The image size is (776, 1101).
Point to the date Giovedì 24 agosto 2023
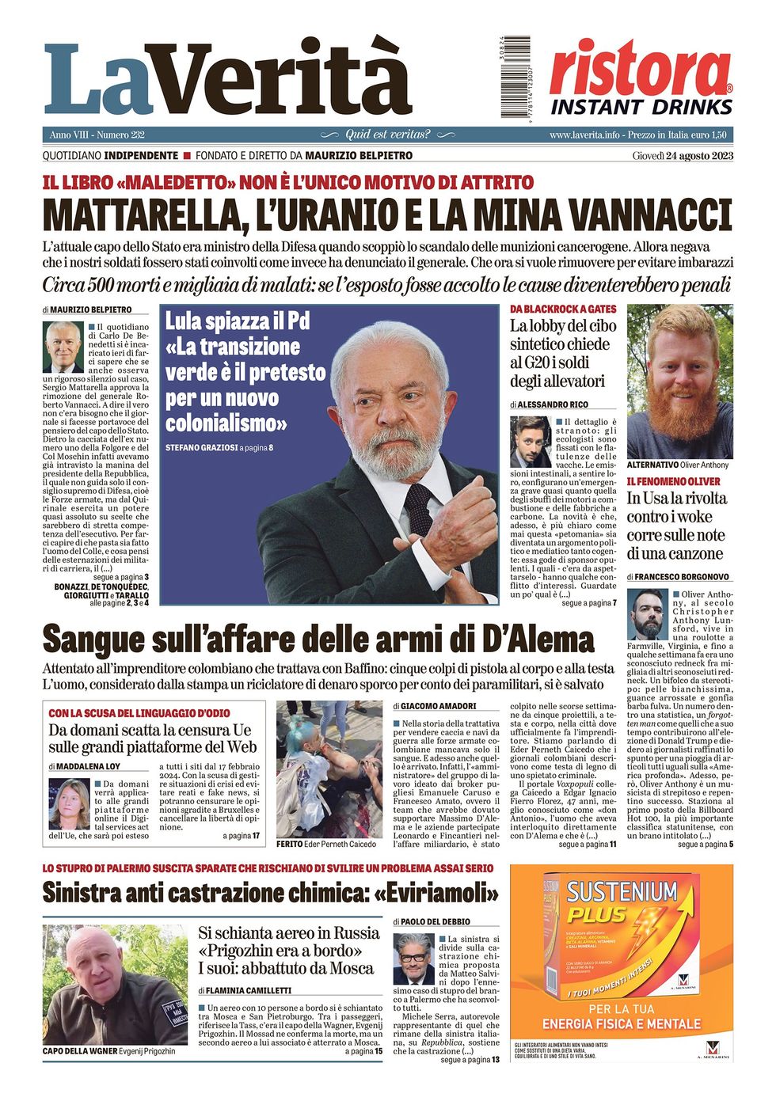coord(683,155)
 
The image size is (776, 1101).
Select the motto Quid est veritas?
coord(387,135)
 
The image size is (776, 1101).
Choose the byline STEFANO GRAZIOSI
coord(203,448)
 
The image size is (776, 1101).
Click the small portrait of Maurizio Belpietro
coord(63,347)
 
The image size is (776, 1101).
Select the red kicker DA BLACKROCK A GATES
coord(562,309)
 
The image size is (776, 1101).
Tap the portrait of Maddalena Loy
coord(70,803)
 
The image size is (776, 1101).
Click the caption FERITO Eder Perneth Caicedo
coord(326,845)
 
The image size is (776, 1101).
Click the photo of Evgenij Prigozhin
coord(114,985)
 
